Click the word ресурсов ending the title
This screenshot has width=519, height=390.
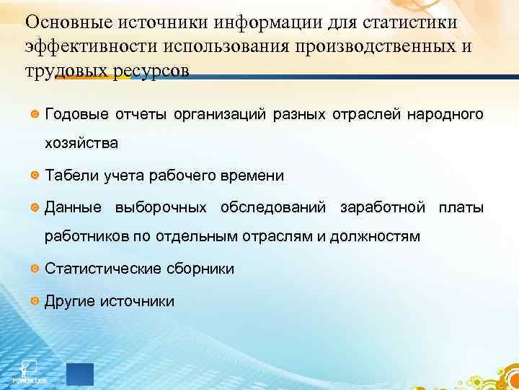(x=155, y=73)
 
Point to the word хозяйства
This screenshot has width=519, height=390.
(x=81, y=144)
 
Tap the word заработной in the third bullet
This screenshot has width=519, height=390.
(x=383, y=208)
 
